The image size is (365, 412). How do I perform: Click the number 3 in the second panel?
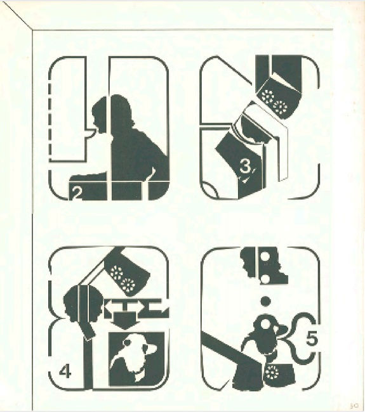point(245,167)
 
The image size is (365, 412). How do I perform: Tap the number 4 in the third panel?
point(65,372)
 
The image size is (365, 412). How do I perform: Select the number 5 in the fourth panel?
point(312,339)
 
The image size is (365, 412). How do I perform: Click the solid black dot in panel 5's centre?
point(265,301)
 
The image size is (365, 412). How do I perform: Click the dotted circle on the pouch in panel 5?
point(273,371)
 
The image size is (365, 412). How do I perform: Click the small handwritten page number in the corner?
point(355,406)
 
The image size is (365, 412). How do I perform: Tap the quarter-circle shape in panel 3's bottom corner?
point(211,188)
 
